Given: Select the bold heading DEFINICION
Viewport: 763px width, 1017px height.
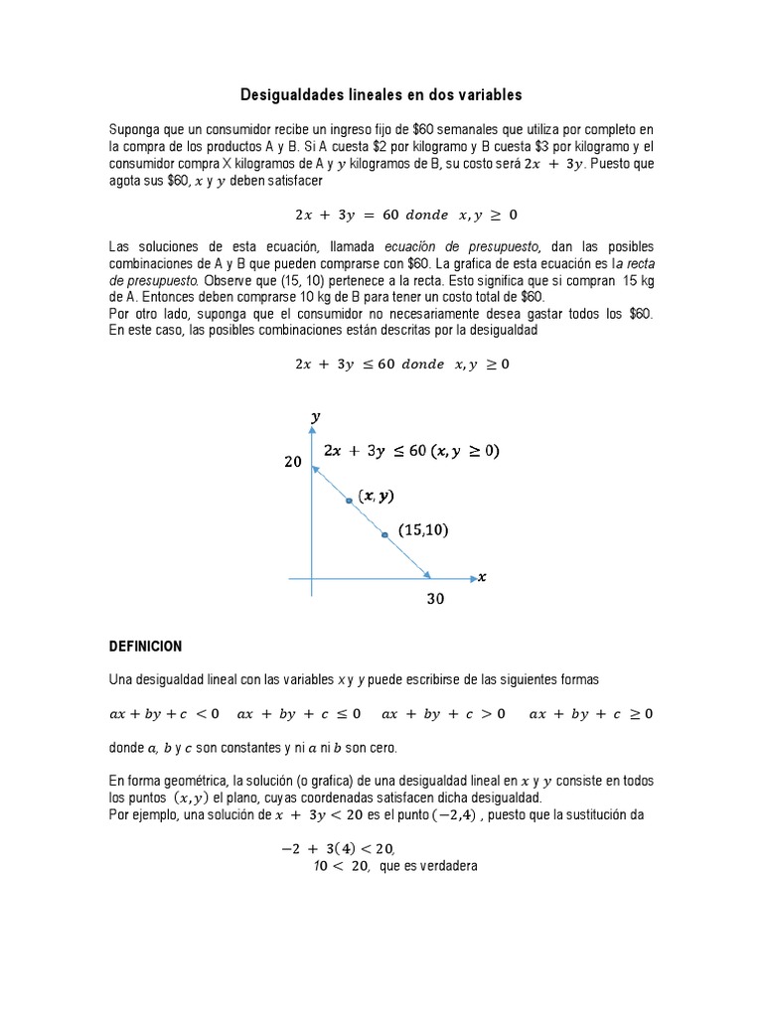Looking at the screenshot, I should coord(145,646).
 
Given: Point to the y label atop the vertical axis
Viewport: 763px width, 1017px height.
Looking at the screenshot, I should coord(315,418).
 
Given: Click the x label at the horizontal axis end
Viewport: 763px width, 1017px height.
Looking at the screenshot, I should coord(482,577).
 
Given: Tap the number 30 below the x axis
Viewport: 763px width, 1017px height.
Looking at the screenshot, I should coord(435,599).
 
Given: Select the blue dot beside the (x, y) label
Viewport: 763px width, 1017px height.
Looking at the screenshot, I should coord(349,501).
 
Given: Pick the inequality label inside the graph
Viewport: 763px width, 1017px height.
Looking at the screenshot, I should coord(411,451).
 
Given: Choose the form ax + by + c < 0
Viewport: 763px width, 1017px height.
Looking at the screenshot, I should coord(165,713).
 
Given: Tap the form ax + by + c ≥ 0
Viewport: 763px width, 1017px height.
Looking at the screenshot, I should coord(591,713).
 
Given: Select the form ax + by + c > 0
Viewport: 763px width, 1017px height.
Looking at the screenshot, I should coord(443,713).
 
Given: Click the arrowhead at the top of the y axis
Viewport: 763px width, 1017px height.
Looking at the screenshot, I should coord(312,441).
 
